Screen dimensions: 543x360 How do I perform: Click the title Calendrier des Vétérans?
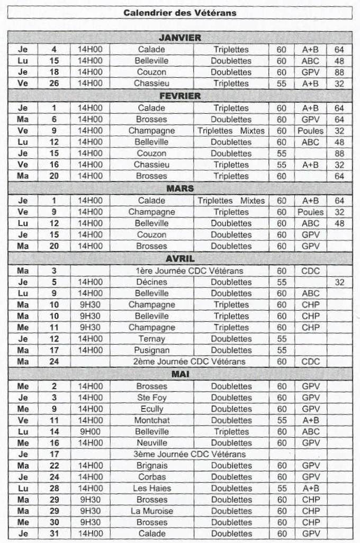180,13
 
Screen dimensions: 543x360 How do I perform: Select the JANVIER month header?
180,38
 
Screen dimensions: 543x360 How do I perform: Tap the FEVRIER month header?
180,96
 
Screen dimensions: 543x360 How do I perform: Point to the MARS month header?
180,188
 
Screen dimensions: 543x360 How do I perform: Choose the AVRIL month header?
180,259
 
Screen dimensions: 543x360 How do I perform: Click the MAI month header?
180,374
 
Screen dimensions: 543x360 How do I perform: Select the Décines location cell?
151,282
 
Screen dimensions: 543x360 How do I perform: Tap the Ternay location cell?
151,339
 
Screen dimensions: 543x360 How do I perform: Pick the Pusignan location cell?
151,350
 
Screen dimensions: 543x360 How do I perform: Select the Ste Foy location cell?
151,397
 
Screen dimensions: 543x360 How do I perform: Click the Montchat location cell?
151,420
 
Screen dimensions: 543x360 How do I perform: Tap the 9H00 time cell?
91,431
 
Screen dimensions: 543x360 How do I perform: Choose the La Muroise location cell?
151,511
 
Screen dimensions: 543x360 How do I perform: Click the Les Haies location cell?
151,488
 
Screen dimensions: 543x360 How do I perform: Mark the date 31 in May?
54,534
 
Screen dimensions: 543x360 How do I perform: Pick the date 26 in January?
54,84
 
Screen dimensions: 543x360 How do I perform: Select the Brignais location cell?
151,466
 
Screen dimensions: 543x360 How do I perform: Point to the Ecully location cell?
151,409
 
